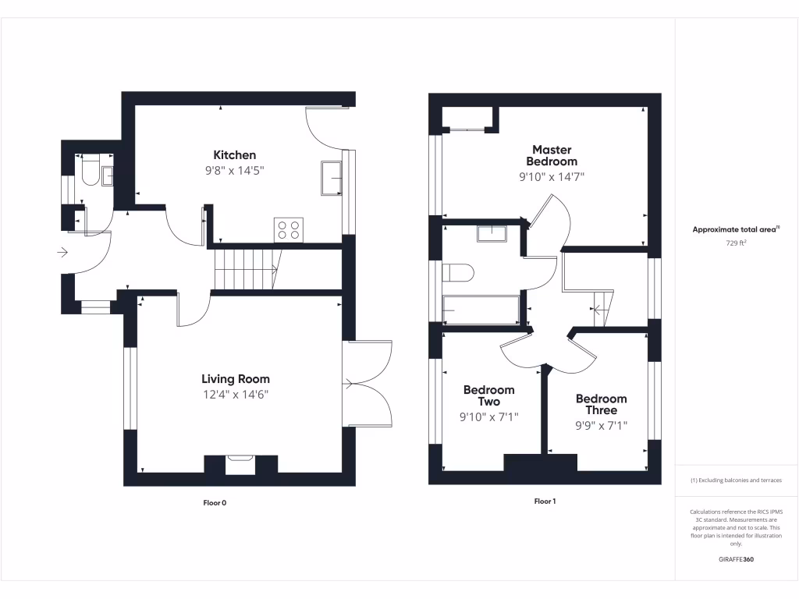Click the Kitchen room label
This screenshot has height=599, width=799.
pyautogui.click(x=234, y=154)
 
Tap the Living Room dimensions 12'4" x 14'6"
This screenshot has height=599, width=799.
pyautogui.click(x=235, y=395)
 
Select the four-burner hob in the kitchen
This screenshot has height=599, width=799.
pyautogui.click(x=288, y=229)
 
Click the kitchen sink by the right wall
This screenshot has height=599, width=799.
pyautogui.click(x=332, y=179)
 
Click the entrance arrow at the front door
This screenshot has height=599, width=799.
pyautogui.click(x=62, y=252)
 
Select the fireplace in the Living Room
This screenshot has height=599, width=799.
pyautogui.click(x=240, y=465)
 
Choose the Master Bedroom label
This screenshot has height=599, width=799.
pyautogui.click(x=552, y=155)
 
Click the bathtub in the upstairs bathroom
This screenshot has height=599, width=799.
pyautogui.click(x=480, y=310)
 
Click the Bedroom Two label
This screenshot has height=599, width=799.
pyautogui.click(x=488, y=395)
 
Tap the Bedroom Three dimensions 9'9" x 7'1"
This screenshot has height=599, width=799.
pyautogui.click(x=601, y=425)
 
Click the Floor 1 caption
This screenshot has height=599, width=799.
pyautogui.click(x=544, y=502)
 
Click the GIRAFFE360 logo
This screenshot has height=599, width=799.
pyautogui.click(x=736, y=559)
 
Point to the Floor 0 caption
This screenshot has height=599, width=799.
pyautogui.click(x=214, y=503)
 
